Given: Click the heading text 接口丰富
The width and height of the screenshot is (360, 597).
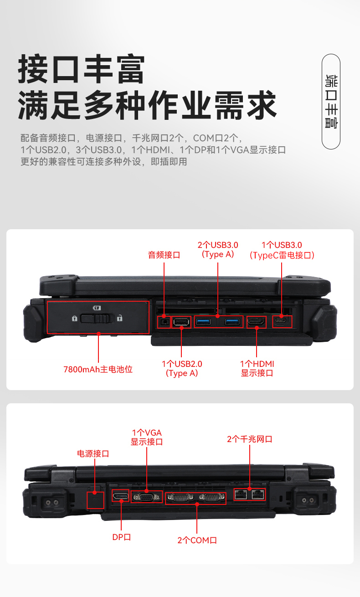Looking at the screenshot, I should [x=82, y=69].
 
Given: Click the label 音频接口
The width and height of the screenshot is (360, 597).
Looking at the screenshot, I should [x=164, y=255].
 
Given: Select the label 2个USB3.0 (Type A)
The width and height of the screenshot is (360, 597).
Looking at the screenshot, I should [x=218, y=250].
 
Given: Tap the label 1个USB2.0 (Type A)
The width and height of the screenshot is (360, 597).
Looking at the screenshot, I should [x=182, y=369].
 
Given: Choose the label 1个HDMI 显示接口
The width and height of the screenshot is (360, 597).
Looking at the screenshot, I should [x=257, y=368].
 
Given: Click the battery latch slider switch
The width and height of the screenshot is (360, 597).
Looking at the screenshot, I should [x=97, y=318].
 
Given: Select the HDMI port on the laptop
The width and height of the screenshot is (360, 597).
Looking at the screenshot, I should [x=257, y=322].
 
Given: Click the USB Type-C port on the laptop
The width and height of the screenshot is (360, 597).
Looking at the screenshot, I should [x=282, y=322].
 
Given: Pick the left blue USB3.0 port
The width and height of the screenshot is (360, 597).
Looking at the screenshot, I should [x=203, y=322].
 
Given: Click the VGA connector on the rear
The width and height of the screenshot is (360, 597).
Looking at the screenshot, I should [x=147, y=497].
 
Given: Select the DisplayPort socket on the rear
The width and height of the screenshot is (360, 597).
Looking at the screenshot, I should [x=121, y=496].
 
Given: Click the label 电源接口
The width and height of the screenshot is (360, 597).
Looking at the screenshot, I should [x=93, y=453].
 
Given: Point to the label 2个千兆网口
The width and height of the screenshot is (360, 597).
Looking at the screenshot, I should [x=250, y=439].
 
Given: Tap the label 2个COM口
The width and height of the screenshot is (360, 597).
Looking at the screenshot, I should [x=197, y=540].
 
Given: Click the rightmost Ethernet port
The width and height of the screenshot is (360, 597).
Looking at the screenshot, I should [x=258, y=494].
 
